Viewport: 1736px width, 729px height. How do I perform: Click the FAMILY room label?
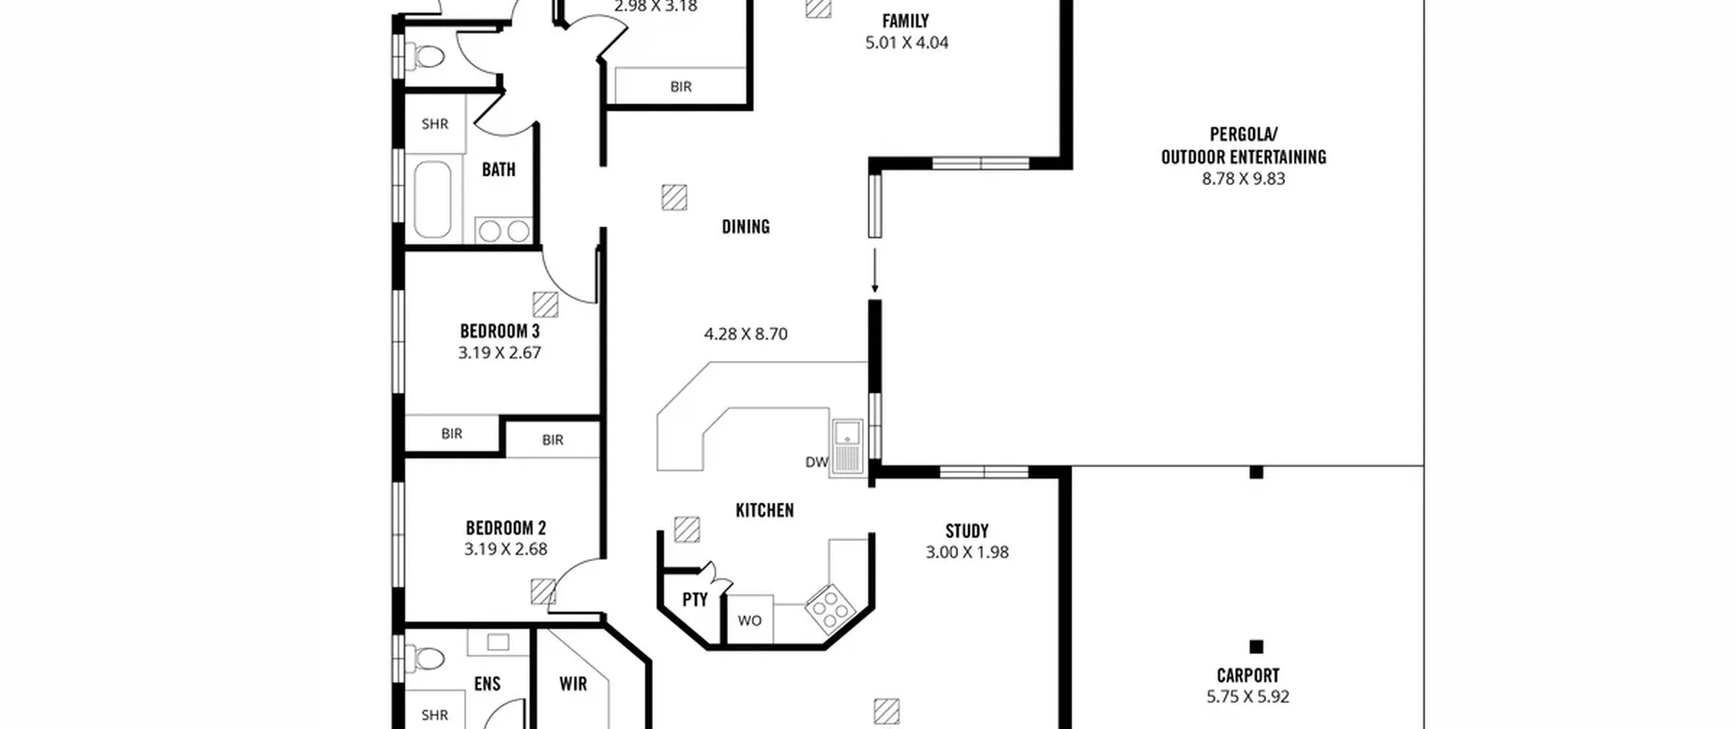905,21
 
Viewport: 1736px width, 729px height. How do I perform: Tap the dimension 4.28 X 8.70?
745,334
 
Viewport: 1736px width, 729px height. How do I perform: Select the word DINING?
745,226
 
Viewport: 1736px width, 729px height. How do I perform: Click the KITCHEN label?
764,510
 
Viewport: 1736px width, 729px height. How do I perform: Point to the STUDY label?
966,530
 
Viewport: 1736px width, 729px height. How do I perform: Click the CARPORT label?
1248,675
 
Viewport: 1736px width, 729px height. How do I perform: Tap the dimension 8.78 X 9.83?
1243,178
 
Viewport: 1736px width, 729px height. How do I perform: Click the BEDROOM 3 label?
500,331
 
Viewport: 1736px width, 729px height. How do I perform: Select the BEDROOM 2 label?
505,528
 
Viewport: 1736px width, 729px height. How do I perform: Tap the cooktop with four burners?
830,609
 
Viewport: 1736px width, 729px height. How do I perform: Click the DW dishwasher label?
816,462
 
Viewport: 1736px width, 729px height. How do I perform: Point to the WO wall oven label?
749,620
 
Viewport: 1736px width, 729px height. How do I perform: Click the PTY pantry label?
694,599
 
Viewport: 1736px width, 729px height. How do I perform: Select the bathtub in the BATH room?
432,199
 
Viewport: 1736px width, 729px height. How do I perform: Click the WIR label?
573,684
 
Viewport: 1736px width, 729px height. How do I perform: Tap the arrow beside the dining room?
875,271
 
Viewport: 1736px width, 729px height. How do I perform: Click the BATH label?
498,169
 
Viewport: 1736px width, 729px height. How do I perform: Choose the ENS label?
487,684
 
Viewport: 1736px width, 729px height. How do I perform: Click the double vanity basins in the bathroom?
503,231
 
